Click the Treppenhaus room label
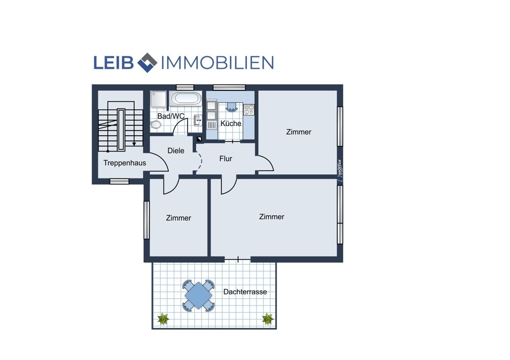click(x=124, y=163)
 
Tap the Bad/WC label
click(x=171, y=116)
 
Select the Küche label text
click(x=231, y=123)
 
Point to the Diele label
click(x=175, y=150)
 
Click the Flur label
click(x=226, y=159)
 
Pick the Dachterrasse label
click(x=245, y=292)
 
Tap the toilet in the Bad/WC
click(x=156, y=124)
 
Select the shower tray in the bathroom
click(x=159, y=99)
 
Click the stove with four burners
click(x=249, y=110)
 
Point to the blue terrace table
click(x=198, y=296)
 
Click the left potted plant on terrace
click(x=163, y=319)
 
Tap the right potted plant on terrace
click(x=268, y=319)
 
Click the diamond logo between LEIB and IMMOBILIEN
click(x=147, y=62)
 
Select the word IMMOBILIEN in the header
click(x=217, y=63)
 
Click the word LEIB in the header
click(x=114, y=63)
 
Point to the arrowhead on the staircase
click(x=134, y=143)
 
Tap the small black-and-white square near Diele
click(x=199, y=139)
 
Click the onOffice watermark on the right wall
click(x=340, y=170)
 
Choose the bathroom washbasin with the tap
click(x=197, y=120)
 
